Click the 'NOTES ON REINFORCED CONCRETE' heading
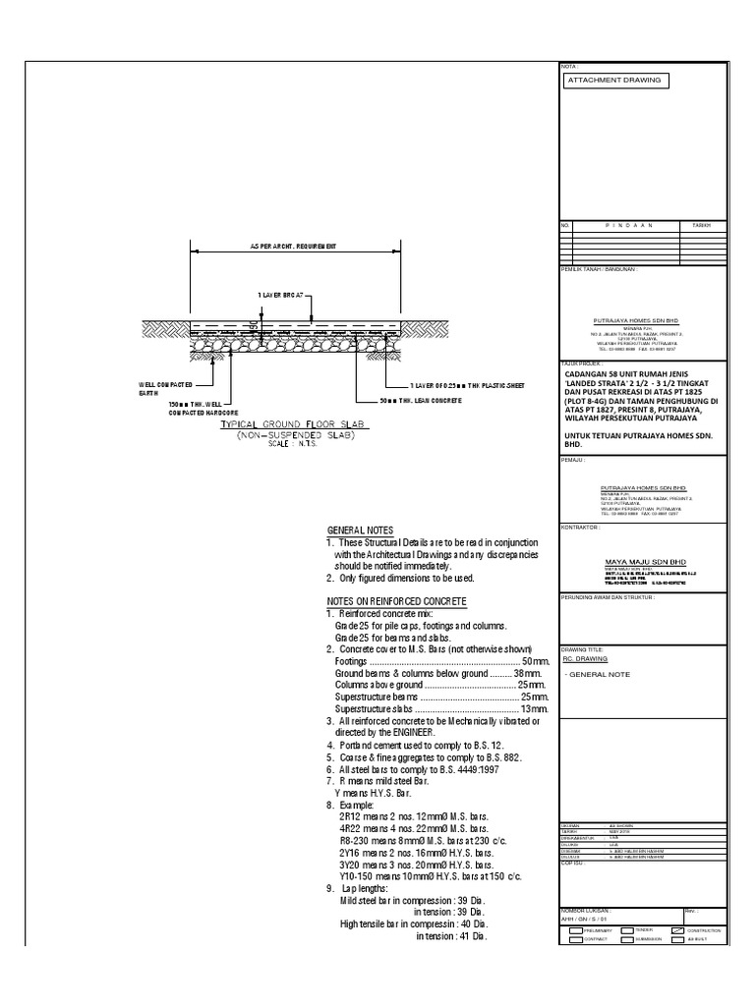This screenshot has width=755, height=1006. [x=396, y=600]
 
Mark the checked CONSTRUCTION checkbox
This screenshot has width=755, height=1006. [x=676, y=929]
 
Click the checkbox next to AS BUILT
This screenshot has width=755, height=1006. [x=676, y=940]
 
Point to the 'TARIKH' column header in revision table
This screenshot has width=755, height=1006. [x=700, y=225]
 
